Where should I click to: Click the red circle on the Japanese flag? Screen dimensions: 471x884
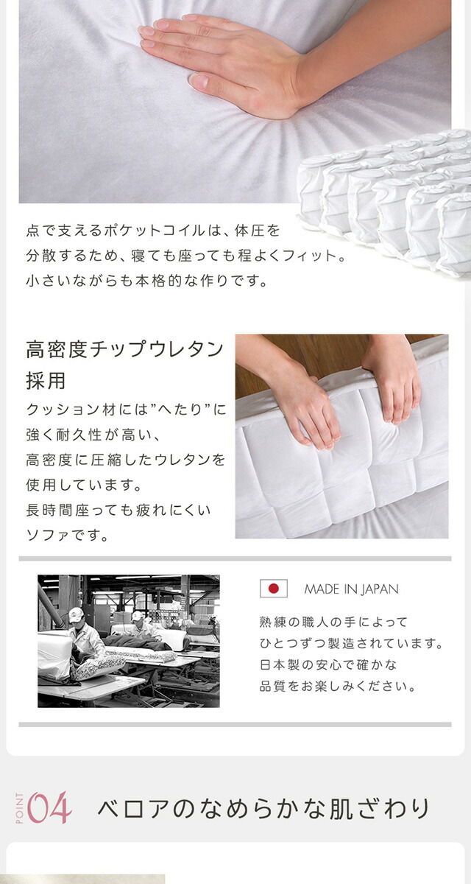tap(274, 589)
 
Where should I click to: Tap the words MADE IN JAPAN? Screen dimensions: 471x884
tap(351, 589)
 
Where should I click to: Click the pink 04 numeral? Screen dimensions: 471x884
tap(49, 808)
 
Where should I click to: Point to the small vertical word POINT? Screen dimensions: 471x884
tap(19, 808)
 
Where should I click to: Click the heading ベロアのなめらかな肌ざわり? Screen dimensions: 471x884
tap(263, 808)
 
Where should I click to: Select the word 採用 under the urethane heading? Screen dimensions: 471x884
tap(46, 380)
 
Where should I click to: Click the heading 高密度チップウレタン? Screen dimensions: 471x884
tap(125, 349)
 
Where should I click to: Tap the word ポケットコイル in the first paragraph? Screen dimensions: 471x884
tap(155, 230)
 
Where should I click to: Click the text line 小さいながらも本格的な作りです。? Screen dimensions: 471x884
tap(146, 281)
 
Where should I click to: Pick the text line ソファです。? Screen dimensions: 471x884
tap(67, 536)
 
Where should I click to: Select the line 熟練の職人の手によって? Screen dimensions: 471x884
tap(333, 622)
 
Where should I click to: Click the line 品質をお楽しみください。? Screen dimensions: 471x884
tap(338, 687)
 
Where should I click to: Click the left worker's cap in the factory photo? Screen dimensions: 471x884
tap(76, 613)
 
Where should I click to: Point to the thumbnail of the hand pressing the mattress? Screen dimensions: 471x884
tap(341, 436)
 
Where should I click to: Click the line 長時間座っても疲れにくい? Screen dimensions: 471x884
tap(118, 511)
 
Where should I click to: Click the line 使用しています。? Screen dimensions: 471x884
tap(84, 485)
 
